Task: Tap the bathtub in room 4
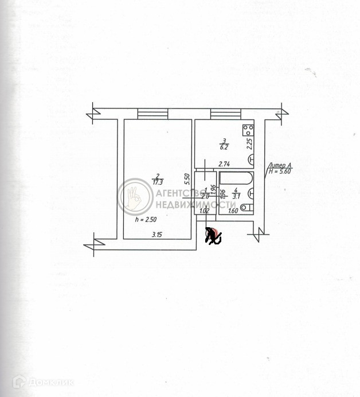click(235, 180)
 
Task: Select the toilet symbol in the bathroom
click(246, 207)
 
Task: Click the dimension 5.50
click(187, 180)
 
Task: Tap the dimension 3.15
click(156, 234)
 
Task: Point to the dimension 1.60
click(233, 211)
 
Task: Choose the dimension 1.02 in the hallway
click(204, 211)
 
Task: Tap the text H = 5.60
click(279, 170)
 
